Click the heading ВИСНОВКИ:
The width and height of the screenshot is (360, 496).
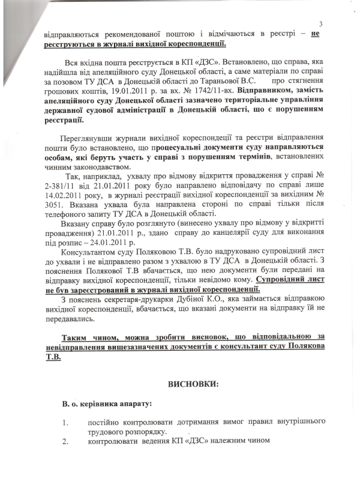(x=180, y=383)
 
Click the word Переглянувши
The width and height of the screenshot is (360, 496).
(x=77, y=138)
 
